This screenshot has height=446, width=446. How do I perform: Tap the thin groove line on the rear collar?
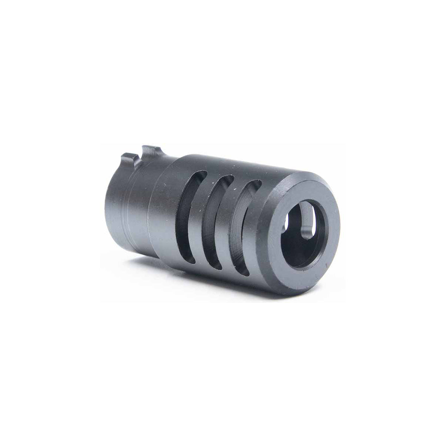coord(125,223)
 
